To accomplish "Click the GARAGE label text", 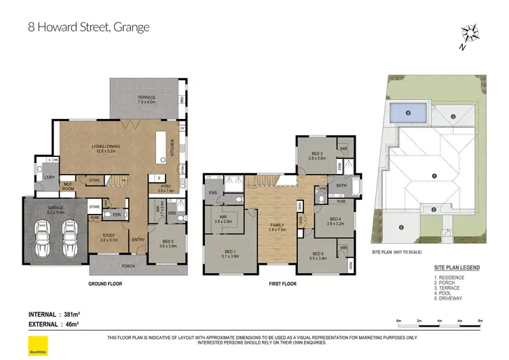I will (56, 210).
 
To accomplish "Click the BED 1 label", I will (229, 254).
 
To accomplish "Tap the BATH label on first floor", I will (341, 185).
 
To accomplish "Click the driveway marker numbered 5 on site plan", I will (401, 227).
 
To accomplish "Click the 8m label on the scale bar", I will (480, 320).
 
